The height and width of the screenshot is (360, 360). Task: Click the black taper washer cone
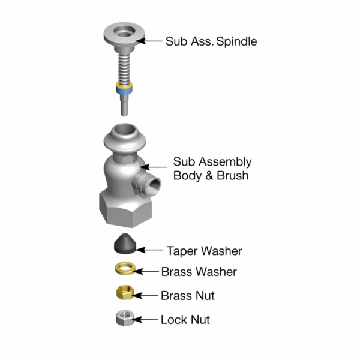[125, 244]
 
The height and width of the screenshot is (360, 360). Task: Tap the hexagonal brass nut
[125, 292]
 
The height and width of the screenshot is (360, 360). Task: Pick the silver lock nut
[125, 318]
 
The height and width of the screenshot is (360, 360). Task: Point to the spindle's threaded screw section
[124, 68]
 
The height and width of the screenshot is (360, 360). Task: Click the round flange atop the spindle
[124, 34]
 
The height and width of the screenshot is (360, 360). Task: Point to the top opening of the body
[125, 130]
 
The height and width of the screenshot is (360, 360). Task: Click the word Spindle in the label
[236, 41]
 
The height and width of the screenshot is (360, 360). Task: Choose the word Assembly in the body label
[225, 162]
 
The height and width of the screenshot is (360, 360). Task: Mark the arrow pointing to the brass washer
[146, 272]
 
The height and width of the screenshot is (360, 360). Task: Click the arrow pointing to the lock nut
[145, 320]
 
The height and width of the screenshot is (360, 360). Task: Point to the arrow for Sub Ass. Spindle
[149, 41]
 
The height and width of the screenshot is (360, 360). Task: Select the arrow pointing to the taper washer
[149, 250]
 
